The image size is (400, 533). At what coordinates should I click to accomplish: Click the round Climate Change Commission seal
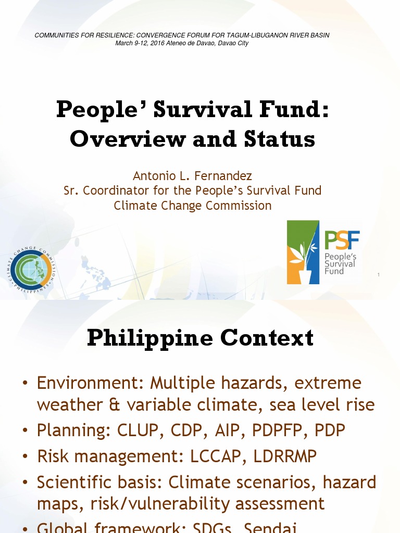point(32,268)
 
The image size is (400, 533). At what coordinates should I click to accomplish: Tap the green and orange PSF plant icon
point(303,252)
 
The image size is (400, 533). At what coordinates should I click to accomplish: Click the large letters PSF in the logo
point(342,240)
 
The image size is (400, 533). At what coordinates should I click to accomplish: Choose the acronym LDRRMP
point(285,456)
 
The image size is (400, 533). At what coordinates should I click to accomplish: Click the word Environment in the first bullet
point(89,383)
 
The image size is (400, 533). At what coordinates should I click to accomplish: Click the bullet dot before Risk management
point(25,456)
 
